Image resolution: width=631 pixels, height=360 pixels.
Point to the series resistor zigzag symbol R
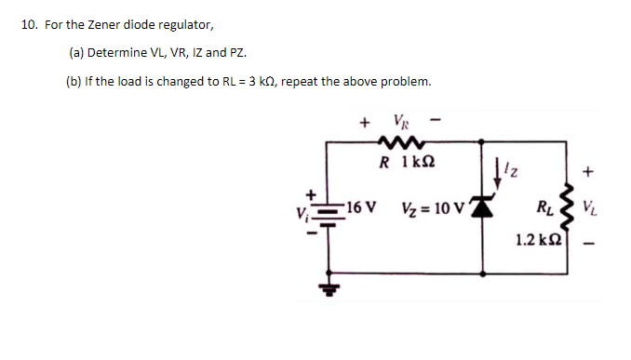[401, 141]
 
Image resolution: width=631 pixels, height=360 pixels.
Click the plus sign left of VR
[363, 121]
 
